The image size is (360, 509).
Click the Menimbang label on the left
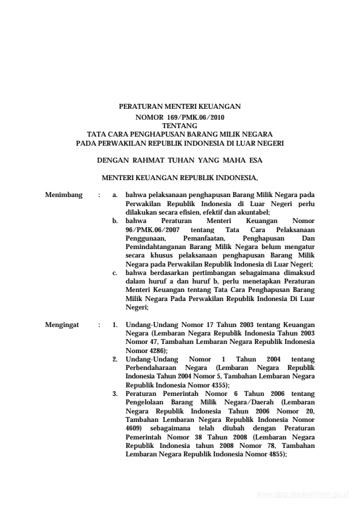64,196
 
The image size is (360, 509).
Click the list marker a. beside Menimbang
115,196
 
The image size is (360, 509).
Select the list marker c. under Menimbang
115,273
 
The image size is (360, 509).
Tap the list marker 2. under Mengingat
115,359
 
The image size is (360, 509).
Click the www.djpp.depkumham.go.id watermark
303,494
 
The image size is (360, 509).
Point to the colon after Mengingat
99,325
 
